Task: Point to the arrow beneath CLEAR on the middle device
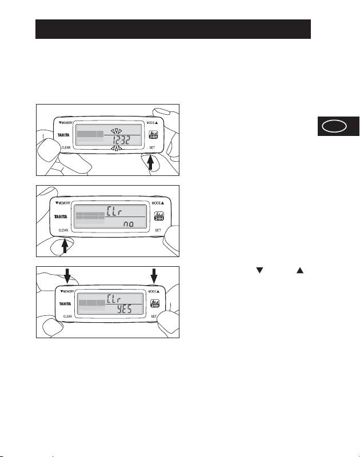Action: click(x=65, y=246)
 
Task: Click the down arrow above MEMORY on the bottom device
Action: click(x=67, y=276)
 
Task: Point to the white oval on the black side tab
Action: click(x=334, y=127)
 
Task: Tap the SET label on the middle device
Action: click(x=158, y=230)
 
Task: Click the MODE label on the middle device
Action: click(x=155, y=203)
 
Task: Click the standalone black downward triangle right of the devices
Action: click(x=259, y=270)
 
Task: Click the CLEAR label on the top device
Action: click(x=67, y=147)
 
